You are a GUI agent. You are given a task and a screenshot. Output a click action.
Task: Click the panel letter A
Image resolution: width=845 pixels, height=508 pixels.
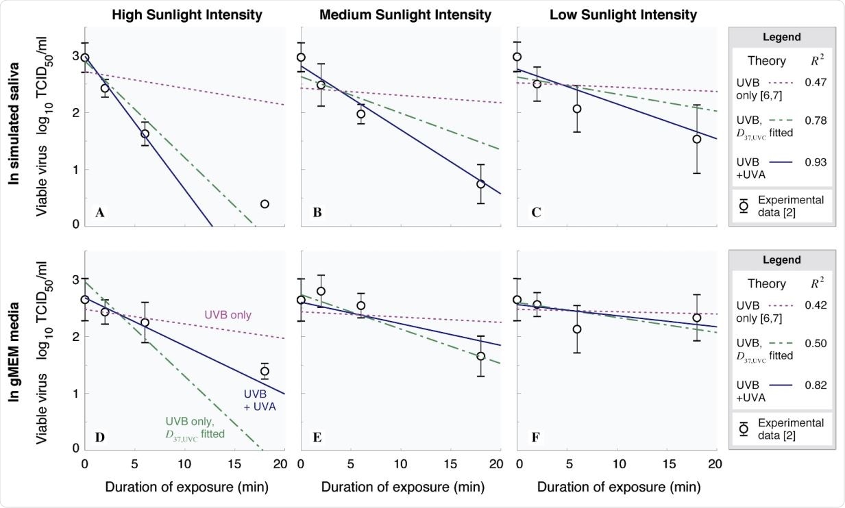100,212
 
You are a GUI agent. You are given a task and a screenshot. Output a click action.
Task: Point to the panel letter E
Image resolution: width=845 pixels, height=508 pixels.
317,437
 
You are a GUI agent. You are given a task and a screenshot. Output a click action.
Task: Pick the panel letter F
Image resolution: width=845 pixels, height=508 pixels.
535,437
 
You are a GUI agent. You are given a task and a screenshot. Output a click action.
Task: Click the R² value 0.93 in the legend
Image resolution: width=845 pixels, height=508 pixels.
815,162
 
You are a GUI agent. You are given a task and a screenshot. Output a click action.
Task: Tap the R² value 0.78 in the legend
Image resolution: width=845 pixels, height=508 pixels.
815,120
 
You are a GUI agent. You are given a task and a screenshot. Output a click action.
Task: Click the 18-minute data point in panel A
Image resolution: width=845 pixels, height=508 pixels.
265,204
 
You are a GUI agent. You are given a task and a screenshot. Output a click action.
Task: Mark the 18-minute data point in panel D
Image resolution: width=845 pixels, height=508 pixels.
265,371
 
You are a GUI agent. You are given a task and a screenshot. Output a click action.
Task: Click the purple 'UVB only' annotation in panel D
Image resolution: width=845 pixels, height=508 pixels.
228,315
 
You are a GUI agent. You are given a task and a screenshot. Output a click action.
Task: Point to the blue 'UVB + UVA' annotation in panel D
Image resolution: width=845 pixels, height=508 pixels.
258,401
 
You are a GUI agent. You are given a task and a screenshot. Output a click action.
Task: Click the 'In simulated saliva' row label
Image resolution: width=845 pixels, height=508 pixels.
14,123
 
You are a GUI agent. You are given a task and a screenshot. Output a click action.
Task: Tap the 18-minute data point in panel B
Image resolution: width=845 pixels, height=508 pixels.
480,184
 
